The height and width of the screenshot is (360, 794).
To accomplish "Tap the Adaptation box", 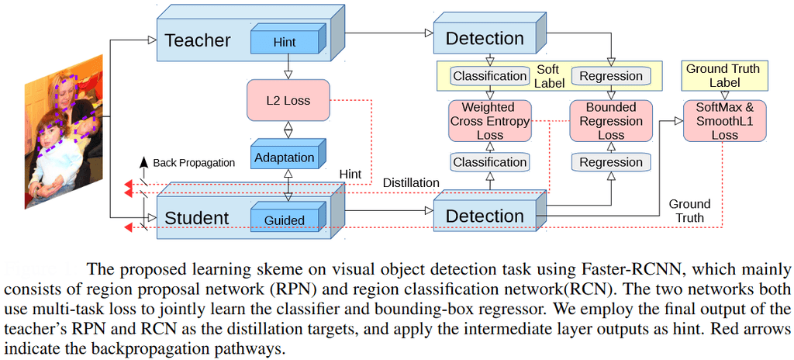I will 284,157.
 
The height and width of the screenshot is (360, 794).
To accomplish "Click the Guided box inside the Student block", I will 285,220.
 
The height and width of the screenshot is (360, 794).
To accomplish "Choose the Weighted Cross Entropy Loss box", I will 488,121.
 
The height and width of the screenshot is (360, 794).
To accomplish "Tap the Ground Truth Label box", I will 723,75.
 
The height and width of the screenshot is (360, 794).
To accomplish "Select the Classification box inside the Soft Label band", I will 488,76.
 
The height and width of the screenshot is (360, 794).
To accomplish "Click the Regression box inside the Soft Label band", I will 611,76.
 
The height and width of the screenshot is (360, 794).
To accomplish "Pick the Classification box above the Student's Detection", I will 488,162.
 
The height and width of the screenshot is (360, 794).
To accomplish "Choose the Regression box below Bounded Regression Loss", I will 611,162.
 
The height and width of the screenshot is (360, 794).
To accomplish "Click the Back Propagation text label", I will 194,163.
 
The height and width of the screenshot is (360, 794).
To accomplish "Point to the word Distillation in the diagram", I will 411,182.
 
